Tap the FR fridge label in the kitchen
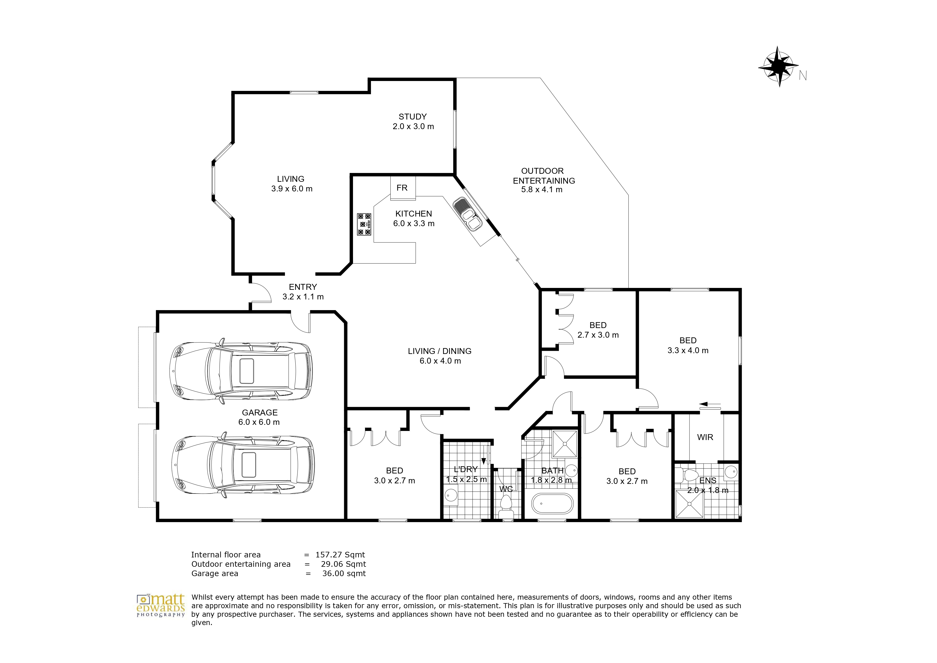coord(402,188)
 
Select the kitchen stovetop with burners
coord(364,224)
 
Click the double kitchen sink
coord(468,214)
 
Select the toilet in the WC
coord(506,505)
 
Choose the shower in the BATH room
coord(565,443)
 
